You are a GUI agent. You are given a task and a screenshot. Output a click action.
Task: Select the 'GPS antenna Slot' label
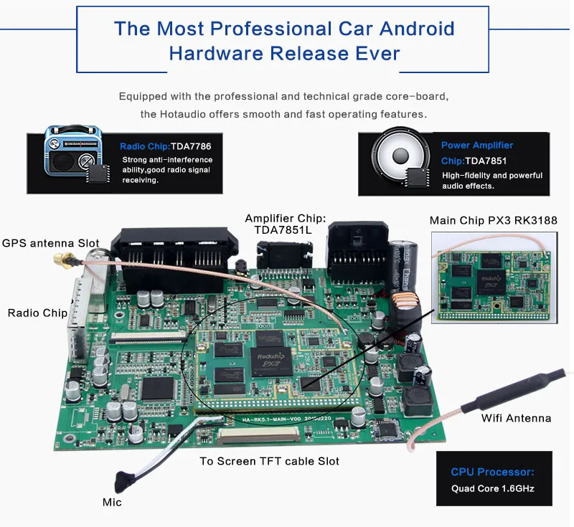coord(50,243)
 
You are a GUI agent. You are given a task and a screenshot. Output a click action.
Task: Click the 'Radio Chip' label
coord(37,313)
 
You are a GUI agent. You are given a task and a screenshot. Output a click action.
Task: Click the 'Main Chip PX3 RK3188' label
coord(494,220)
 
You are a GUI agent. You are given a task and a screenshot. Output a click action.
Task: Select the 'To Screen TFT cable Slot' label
coord(269,461)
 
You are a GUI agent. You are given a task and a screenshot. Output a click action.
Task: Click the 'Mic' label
coord(112,502)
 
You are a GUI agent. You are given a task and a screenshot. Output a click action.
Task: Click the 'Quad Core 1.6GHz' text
coord(492,488)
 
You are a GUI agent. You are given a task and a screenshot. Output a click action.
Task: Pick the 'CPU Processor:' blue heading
coord(492,472)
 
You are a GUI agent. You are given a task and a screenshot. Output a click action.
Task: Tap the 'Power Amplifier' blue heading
coord(477,145)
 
